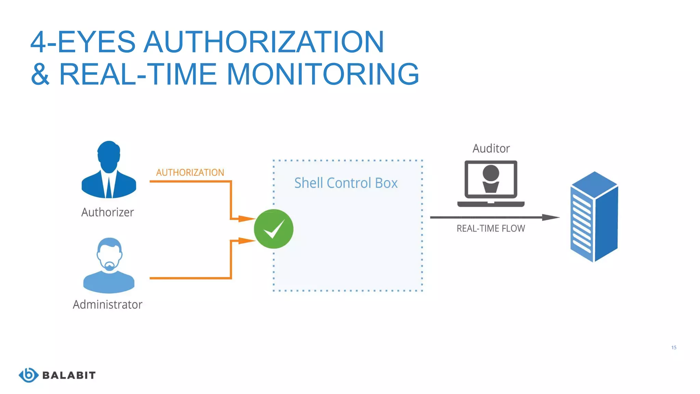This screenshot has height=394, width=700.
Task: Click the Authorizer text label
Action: click(107, 212)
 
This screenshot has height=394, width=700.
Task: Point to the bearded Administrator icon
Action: click(109, 265)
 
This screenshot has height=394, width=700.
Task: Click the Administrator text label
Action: click(107, 304)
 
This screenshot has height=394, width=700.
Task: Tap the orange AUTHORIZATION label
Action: click(190, 172)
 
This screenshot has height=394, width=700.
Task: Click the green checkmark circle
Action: click(273, 229)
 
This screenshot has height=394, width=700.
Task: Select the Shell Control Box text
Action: click(346, 183)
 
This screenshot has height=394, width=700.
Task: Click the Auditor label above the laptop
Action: click(491, 148)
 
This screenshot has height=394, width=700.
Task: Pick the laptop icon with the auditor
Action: click(491, 184)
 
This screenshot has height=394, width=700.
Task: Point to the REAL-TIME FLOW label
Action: click(491, 228)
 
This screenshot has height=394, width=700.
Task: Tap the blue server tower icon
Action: click(594, 217)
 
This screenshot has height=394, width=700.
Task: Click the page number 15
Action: click(674, 347)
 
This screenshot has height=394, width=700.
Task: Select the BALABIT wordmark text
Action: click(69, 375)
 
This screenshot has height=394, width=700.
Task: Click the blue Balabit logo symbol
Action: click(28, 375)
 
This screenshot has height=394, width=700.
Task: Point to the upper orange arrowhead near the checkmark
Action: click(246, 219)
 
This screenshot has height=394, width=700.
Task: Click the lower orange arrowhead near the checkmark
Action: click(246, 241)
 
